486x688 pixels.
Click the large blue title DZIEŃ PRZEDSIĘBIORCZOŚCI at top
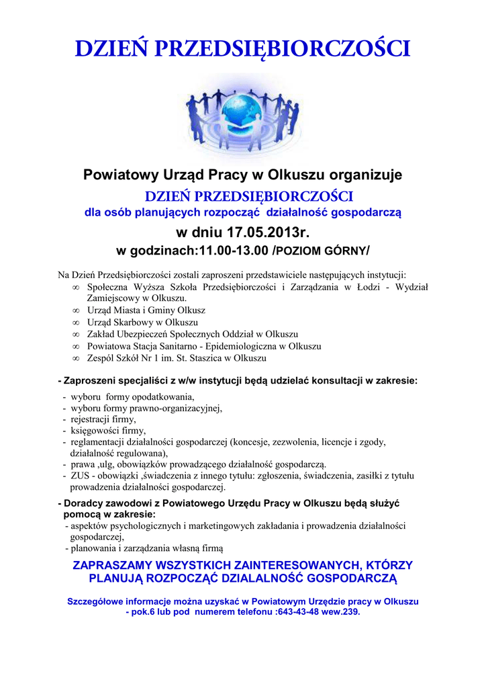[242, 48]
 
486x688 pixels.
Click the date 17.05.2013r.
[269, 233]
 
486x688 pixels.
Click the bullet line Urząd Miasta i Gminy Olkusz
[146, 310]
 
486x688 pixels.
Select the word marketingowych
[199, 525]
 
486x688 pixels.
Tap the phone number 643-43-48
[298, 613]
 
